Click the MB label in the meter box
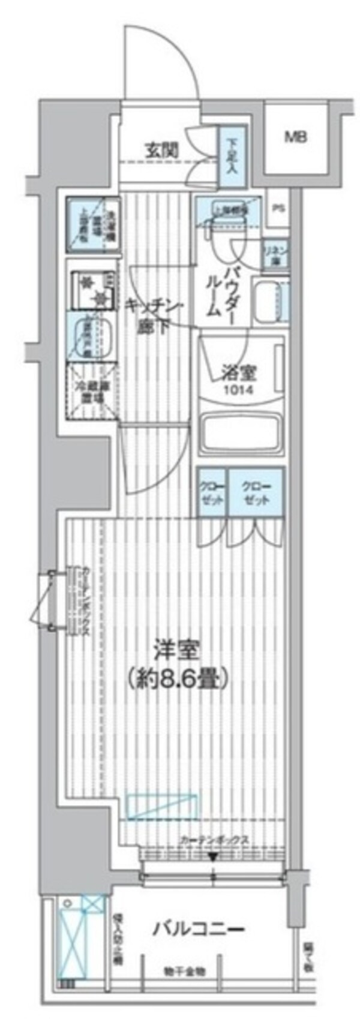[x=295, y=137]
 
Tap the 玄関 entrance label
[x=161, y=150]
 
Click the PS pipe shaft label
[x=277, y=209]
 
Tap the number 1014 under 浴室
[x=239, y=389]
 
